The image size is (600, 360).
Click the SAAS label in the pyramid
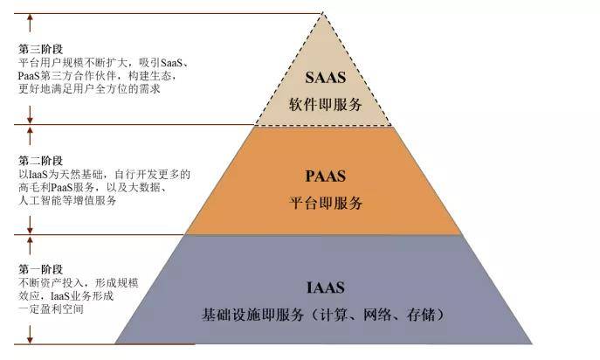[325, 77]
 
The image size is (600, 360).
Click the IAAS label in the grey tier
[326, 287]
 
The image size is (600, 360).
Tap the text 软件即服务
[325, 104]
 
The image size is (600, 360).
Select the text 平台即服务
[325, 204]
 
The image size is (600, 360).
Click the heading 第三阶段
[40, 51]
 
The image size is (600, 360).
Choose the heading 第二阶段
[40, 162]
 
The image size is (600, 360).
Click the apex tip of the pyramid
[324, 13]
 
